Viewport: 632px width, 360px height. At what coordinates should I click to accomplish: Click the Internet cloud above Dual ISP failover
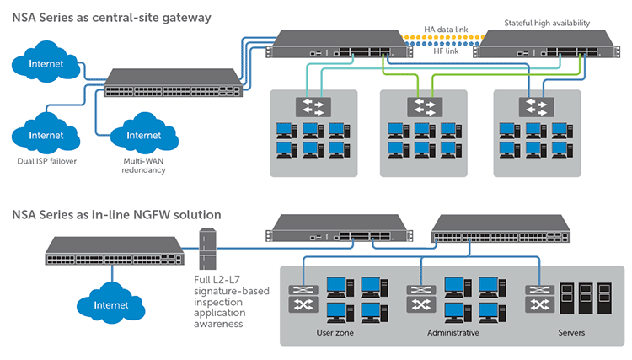46,133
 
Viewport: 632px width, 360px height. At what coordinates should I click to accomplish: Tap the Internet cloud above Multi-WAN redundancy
144,133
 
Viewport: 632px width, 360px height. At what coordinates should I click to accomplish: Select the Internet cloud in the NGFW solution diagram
111,304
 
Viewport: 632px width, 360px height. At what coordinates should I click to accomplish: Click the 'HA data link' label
446,30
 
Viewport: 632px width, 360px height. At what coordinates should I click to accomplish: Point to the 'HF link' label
446,51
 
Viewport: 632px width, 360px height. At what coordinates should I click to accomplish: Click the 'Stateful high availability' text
547,23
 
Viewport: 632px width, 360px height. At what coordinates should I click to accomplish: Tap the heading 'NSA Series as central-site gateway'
111,18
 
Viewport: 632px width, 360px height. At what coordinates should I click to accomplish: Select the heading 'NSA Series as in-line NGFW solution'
116,214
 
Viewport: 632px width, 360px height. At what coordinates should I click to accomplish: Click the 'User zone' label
335,332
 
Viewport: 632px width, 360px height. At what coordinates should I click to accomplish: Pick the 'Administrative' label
453,332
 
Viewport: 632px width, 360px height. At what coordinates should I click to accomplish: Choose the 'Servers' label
571,332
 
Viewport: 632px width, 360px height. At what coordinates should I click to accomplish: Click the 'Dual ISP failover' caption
46,161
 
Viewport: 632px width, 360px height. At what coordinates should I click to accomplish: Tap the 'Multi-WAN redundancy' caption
143,165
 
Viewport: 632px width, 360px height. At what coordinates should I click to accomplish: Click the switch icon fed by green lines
425,107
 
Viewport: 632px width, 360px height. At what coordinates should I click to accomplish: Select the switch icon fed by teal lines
313,107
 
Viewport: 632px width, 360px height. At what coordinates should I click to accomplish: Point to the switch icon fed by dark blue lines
536,107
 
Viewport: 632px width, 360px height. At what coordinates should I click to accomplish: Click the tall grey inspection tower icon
207,249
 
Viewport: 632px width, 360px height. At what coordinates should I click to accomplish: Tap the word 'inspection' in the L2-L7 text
218,302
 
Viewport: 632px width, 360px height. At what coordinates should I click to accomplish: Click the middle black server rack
586,298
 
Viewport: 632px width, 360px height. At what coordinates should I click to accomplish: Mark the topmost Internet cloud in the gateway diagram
46,62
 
